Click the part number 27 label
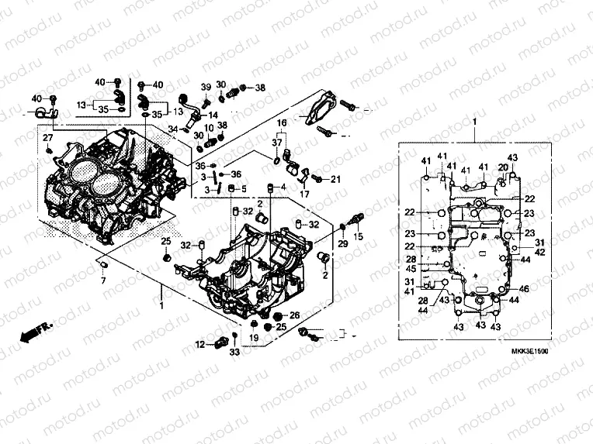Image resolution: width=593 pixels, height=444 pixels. (x=47, y=138)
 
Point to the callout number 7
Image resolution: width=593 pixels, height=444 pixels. (x=102, y=281)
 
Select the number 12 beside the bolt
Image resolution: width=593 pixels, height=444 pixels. (x=199, y=345)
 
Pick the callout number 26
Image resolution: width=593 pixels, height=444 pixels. (x=294, y=315)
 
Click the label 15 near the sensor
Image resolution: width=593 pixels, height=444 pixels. (x=358, y=236)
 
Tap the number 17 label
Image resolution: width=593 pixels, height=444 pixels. (x=305, y=194)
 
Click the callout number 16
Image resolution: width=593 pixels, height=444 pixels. (x=282, y=123)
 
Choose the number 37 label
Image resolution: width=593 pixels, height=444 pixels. (x=277, y=143)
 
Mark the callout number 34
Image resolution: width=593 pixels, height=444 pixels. (x=174, y=129)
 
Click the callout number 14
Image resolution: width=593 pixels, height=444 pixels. (x=213, y=115)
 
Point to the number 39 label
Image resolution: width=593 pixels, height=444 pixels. (x=206, y=86)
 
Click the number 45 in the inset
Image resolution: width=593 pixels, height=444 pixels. (x=412, y=269)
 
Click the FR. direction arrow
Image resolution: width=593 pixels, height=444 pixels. (x=35, y=331)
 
